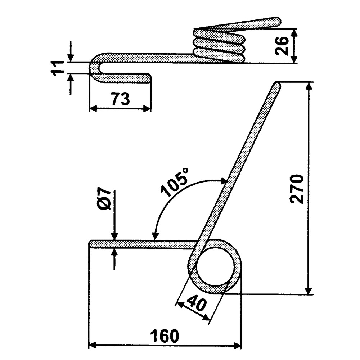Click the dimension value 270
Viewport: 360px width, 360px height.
[298, 189]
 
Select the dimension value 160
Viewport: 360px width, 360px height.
[165, 336]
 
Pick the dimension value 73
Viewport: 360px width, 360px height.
[120, 99]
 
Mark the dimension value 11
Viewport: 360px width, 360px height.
[57, 68]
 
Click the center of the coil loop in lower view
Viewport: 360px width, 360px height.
[215, 266]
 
